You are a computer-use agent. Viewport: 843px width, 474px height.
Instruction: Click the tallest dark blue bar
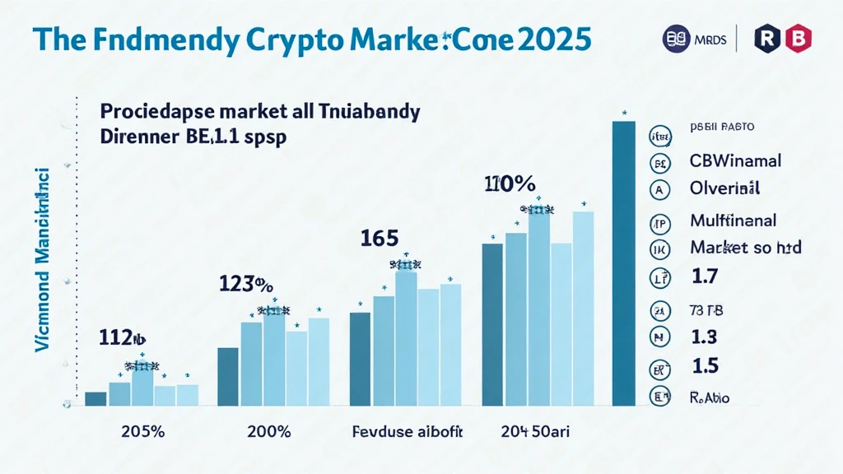click(624, 263)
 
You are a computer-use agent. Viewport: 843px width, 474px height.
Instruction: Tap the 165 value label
click(380, 239)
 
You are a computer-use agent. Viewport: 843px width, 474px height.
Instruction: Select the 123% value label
click(245, 285)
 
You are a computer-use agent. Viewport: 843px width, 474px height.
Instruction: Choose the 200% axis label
click(269, 433)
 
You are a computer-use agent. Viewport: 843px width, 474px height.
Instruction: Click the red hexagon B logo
click(799, 39)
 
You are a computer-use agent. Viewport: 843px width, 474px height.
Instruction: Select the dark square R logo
click(769, 39)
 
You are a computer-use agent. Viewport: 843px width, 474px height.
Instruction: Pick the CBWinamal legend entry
click(735, 160)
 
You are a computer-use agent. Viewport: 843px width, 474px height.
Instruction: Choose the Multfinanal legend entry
click(734, 221)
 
